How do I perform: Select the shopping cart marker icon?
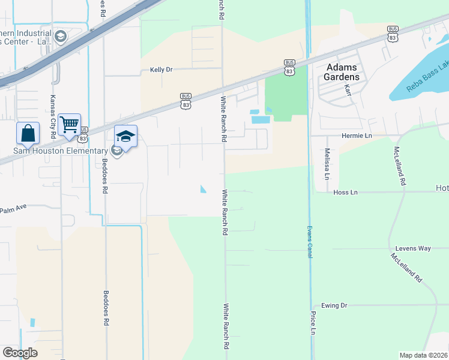pyautogui.click(x=70, y=124)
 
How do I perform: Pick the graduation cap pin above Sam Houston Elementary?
pyautogui.click(x=125, y=136)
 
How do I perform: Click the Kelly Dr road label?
pyautogui.click(x=161, y=70)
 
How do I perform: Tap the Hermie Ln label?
pyautogui.click(x=357, y=136)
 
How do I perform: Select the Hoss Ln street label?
pyautogui.click(x=345, y=193)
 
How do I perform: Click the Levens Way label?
pyautogui.click(x=413, y=248)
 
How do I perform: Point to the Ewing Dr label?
pyautogui.click(x=334, y=305)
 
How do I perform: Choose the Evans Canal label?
pyautogui.click(x=310, y=242)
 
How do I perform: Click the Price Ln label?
pyautogui.click(x=313, y=322)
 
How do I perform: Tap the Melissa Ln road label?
pyautogui.click(x=327, y=164)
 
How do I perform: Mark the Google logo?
pyautogui.click(x=20, y=353)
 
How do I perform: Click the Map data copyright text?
pyautogui.click(x=424, y=355)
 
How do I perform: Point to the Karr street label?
pyautogui.click(x=348, y=90)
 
